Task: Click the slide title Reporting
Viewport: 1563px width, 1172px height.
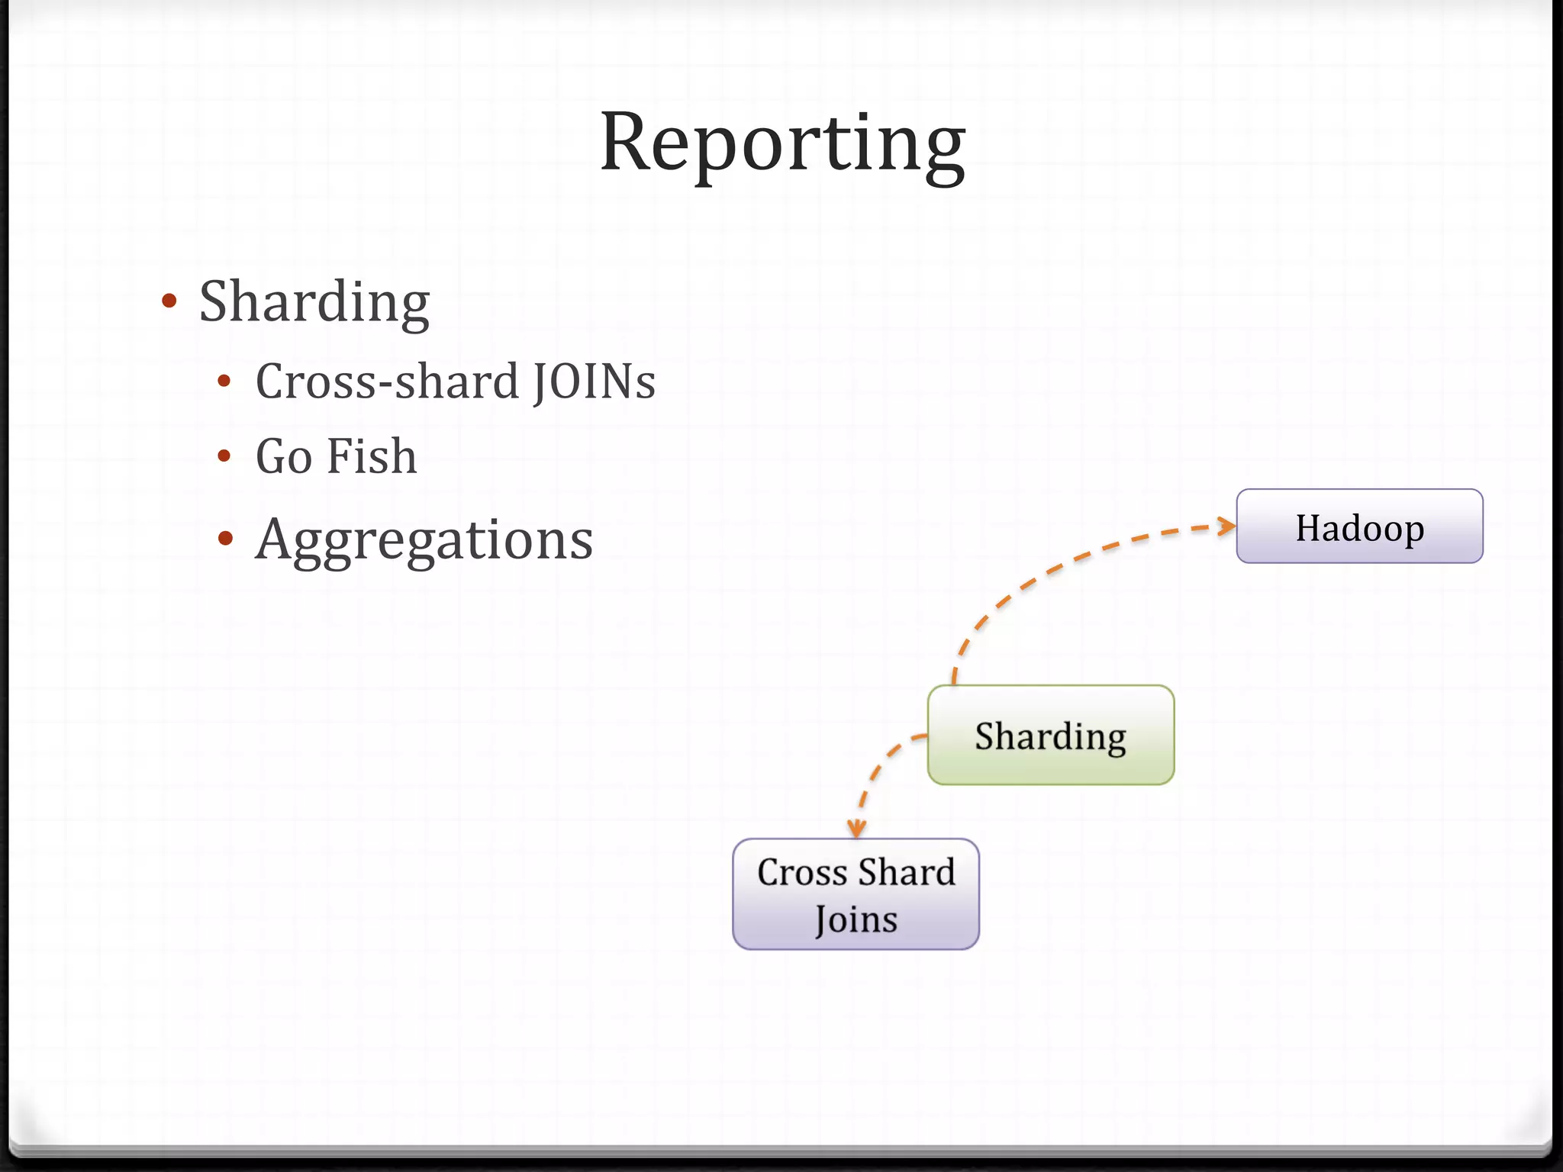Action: coord(782,143)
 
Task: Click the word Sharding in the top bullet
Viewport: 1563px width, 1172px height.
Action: coord(314,302)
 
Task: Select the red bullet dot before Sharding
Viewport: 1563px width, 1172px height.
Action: coord(169,301)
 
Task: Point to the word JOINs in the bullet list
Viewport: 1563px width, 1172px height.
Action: coord(594,382)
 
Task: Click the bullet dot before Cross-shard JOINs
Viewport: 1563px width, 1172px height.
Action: coord(224,382)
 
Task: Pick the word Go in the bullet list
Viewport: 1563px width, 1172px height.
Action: coord(284,456)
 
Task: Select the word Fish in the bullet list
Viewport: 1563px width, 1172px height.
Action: coord(372,456)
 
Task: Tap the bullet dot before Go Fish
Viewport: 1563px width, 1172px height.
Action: coord(224,456)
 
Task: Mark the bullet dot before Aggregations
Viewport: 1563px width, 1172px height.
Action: coord(224,539)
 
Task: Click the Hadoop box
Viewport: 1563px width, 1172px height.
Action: coord(1359,526)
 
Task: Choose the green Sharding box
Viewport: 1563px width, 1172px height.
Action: coord(1050,735)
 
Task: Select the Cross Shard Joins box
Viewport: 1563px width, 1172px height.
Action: coord(856,894)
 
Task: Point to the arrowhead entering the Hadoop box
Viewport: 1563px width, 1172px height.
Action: coord(1226,526)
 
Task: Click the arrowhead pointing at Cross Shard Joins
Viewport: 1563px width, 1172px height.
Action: coord(856,829)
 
